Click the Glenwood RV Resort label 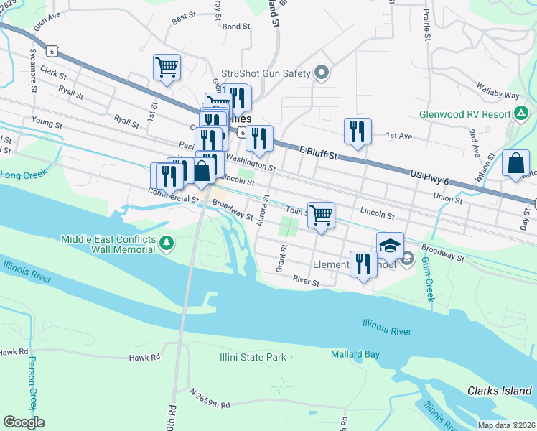pos(464,114)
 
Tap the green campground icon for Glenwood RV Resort pos(520,113)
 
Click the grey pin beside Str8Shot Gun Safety pos(322,73)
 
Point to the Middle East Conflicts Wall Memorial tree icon pos(167,244)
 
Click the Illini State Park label pos(253,357)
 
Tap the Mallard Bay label pos(354,354)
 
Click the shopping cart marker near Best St pos(167,67)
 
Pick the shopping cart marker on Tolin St pos(322,214)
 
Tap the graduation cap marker pos(390,246)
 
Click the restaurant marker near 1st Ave pos(358,131)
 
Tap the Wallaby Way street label pos(498,94)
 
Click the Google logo pos(24,422)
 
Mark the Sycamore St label pos(34,70)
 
